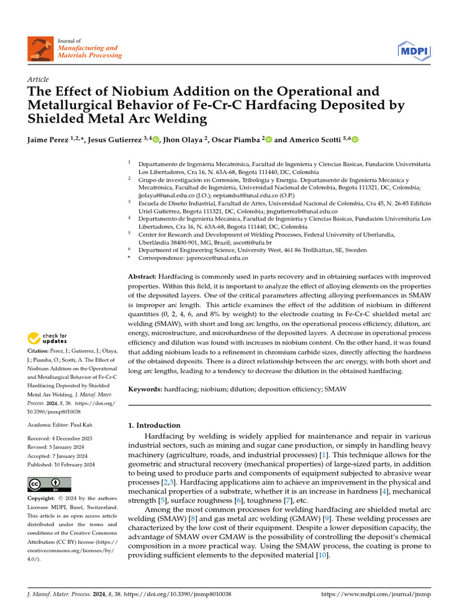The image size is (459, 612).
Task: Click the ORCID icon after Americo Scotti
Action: (x=355, y=140)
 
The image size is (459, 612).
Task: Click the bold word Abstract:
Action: (x=142, y=277)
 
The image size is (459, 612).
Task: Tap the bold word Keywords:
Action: (x=145, y=389)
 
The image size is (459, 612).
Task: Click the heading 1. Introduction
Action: (x=154, y=426)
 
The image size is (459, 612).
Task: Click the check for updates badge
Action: (x=48, y=338)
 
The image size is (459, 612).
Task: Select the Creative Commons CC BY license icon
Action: (x=49, y=484)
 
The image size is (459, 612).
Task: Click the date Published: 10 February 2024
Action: (x=61, y=464)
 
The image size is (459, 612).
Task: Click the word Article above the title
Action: (x=38, y=79)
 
